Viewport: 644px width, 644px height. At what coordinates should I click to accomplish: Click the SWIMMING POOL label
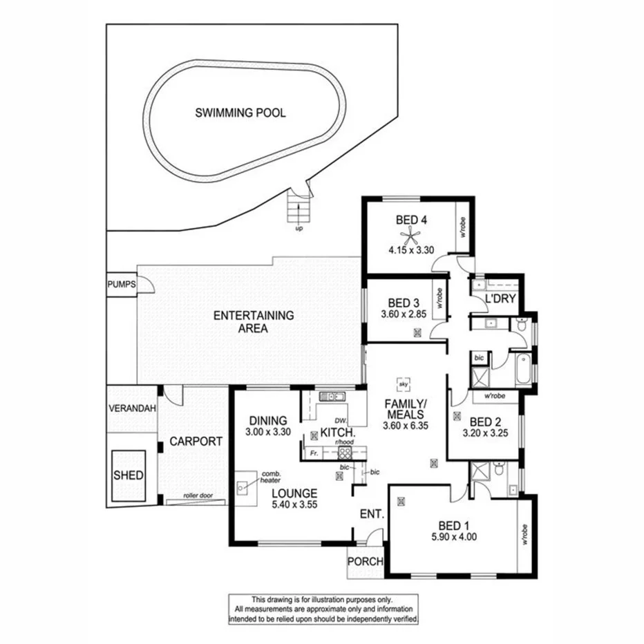[240, 113]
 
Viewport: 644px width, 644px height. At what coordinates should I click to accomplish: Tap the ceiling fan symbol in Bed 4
[411, 238]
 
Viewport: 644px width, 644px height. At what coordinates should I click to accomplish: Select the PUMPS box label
[122, 284]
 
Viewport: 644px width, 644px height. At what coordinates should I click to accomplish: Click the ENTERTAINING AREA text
[254, 322]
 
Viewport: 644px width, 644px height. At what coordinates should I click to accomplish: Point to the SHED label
[128, 475]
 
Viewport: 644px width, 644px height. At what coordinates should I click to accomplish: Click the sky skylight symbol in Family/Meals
[403, 381]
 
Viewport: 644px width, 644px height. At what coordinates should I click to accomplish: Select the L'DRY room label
[498, 301]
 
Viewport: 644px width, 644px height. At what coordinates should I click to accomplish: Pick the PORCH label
[365, 561]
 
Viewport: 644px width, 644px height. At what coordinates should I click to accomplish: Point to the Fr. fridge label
[314, 453]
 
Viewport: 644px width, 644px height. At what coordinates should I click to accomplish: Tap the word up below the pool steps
[299, 228]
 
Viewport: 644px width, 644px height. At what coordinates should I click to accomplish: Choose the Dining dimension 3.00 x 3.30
[268, 432]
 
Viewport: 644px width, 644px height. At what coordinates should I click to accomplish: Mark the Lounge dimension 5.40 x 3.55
[294, 505]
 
